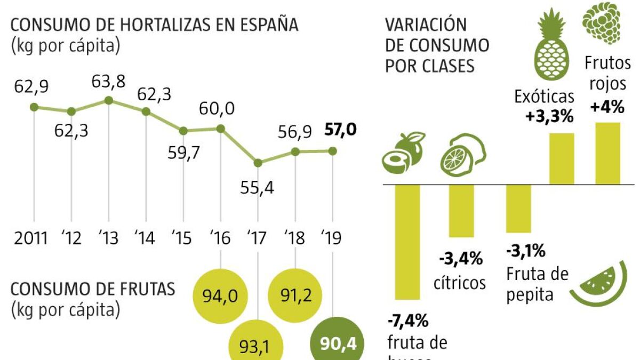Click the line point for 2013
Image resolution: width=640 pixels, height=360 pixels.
point(109,100)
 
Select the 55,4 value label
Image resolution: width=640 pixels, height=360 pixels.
point(257,188)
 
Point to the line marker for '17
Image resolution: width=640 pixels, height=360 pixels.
point(258,163)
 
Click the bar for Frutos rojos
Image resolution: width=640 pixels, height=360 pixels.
point(607,154)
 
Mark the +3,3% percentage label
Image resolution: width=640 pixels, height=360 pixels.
point(549,117)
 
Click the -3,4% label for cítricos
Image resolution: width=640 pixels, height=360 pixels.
point(461,259)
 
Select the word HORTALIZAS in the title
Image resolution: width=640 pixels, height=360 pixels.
point(161,25)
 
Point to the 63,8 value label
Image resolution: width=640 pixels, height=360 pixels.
point(109,83)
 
